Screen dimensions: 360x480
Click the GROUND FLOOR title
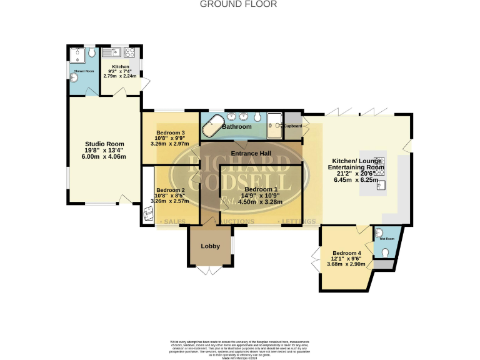pos(237,4)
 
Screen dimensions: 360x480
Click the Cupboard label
pos(293,126)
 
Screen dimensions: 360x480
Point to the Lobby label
pos(210,246)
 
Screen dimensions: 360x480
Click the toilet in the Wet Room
pos(386,252)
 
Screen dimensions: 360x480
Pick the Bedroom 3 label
pos(171,132)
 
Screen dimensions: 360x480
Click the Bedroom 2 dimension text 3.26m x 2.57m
pos(171,201)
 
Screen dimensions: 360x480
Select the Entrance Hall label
pos(250,154)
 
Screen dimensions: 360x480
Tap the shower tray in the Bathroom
pos(274,124)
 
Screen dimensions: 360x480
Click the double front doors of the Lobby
pos(210,270)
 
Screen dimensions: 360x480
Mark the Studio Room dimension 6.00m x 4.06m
pos(104,156)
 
